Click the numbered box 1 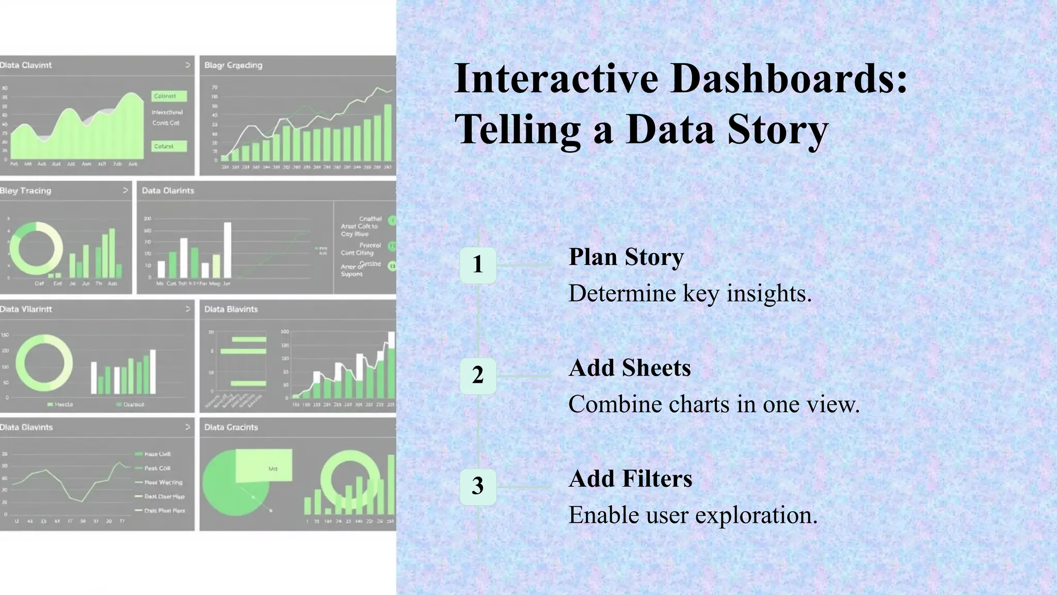pyautogui.click(x=478, y=265)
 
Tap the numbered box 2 pyautogui.click(x=478, y=375)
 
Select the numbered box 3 pyautogui.click(x=478, y=487)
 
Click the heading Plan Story pyautogui.click(x=626, y=257)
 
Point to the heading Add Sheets pyautogui.click(x=630, y=368)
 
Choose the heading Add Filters pyautogui.click(x=630, y=479)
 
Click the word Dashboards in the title pyautogui.click(x=789, y=79)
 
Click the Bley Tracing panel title pyautogui.click(x=26, y=191)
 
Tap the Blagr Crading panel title pyautogui.click(x=233, y=65)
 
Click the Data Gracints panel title pyautogui.click(x=231, y=427)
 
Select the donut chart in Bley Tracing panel pyautogui.click(x=36, y=248)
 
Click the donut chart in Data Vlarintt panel pyautogui.click(x=44, y=363)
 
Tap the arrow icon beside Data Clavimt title pyautogui.click(x=187, y=65)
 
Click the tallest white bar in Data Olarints pyautogui.click(x=227, y=250)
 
